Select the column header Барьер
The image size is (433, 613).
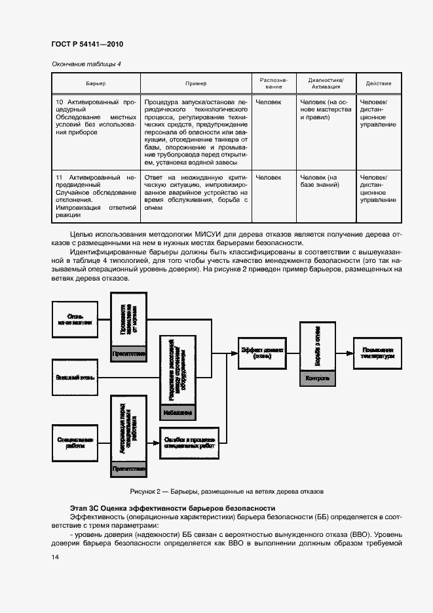tap(96, 84)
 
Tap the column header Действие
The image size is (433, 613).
tap(379, 84)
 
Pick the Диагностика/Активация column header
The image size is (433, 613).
tap(326, 83)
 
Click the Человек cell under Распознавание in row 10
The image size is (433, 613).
tap(269, 102)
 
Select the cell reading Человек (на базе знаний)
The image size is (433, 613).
tap(319, 182)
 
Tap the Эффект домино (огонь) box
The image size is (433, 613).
tap(261, 352)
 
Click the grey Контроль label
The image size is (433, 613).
tap(318, 379)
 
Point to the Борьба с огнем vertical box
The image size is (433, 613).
tap(318, 347)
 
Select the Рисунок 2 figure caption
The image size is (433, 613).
tap(227, 490)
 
